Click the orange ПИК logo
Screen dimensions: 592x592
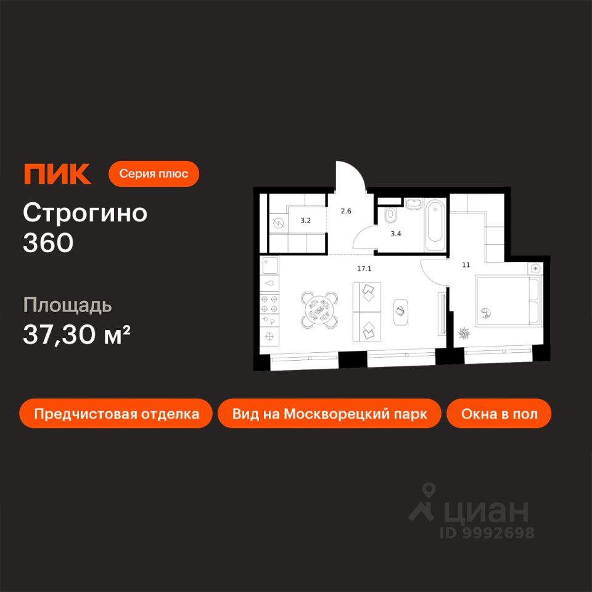[57, 175]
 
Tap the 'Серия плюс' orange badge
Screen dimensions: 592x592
[154, 174]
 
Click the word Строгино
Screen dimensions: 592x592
[85, 213]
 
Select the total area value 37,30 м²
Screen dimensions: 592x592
[76, 335]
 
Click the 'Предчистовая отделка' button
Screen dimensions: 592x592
[117, 413]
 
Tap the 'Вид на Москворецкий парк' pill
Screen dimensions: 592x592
[329, 413]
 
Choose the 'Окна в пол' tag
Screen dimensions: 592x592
[499, 413]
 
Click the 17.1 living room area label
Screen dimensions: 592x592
[364, 268]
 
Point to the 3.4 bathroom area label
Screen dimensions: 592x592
[397, 234]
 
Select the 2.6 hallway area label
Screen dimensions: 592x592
[346, 212]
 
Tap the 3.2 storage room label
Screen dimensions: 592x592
[305, 220]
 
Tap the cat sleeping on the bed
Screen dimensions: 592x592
[485, 313]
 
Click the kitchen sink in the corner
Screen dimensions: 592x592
[270, 266]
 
